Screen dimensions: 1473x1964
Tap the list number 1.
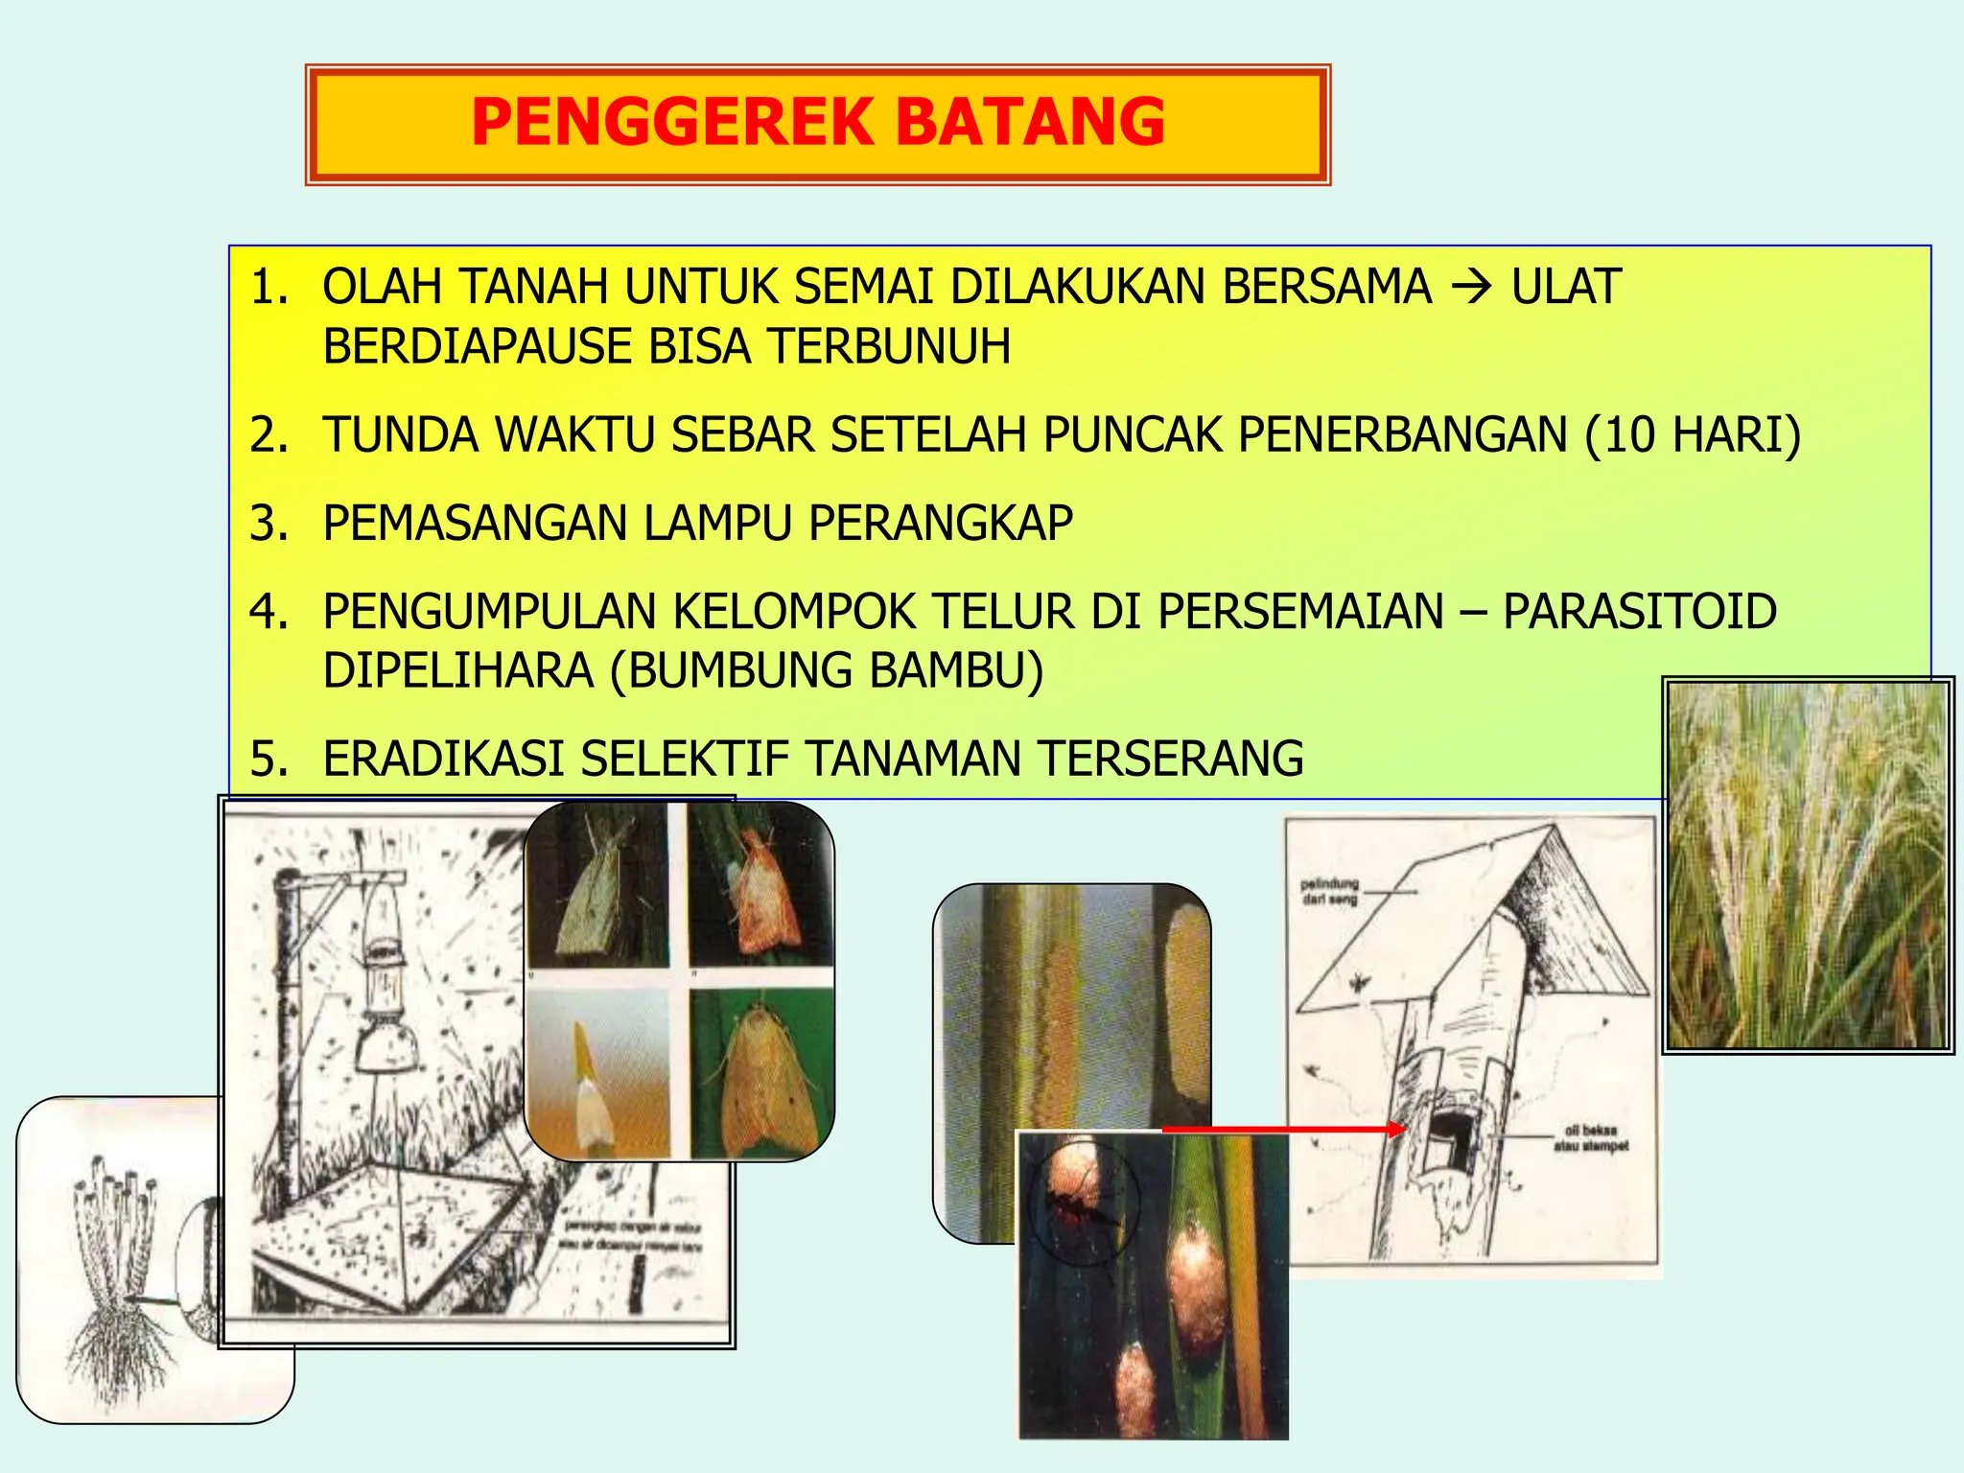[x=269, y=287]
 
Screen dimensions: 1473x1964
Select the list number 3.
[x=269, y=524]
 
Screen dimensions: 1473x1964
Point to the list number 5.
[x=269, y=759]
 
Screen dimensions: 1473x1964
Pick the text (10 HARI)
[x=1693, y=434]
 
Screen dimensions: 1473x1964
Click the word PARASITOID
[x=1639, y=612]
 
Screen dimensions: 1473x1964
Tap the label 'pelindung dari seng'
[x=1329, y=891]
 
